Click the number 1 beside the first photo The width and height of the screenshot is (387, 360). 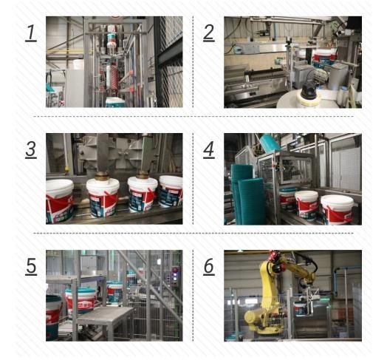tap(31, 33)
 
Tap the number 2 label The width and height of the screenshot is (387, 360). tap(209, 33)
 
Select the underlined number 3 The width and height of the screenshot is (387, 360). tap(31, 149)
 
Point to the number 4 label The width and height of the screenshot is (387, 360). tap(209, 149)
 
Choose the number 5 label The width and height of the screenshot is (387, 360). tap(31, 267)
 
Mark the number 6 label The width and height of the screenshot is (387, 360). tap(209, 267)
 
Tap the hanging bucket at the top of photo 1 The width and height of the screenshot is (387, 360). tap(112, 40)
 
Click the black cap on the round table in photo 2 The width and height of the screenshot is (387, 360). tap(308, 91)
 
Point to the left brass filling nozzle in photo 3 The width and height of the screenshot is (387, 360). tap(102, 175)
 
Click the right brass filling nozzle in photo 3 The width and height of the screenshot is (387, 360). tap(142, 174)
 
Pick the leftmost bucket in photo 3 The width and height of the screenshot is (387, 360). tap(59, 200)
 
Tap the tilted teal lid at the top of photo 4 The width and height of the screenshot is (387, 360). tap(270, 143)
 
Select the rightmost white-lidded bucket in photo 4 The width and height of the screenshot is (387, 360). tap(338, 210)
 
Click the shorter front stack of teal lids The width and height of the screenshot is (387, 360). tap(252, 201)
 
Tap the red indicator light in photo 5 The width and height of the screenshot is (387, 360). tap(175, 270)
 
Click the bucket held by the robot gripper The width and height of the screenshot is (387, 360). tap(301, 308)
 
